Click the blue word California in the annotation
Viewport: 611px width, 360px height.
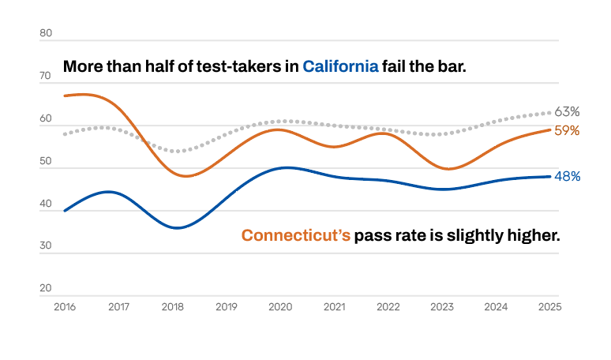340,66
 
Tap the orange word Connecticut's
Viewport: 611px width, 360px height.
296,235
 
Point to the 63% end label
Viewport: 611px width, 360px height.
567,112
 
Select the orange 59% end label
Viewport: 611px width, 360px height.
567,130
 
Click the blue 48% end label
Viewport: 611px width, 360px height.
568,177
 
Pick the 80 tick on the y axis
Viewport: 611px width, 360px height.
46,33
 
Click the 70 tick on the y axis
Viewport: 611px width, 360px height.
45,76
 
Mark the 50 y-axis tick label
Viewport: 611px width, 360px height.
46,161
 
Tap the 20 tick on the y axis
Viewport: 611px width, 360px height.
46,288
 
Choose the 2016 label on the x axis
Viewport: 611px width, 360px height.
65,307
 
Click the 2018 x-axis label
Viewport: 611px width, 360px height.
173,307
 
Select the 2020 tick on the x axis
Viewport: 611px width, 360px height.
280,307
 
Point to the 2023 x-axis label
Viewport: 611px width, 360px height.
442,307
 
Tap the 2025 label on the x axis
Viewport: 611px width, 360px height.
550,307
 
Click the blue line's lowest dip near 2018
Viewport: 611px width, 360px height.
178,228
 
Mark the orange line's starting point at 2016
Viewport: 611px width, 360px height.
65,96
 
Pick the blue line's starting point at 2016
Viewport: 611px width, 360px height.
65,211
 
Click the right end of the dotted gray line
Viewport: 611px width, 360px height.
550,113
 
